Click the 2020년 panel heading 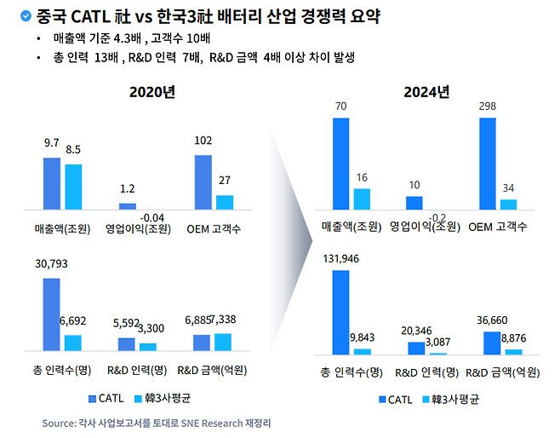153,92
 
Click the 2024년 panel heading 426,92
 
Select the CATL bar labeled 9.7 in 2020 52,183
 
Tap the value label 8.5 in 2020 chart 73,149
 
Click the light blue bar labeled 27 225,202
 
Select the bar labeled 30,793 52,314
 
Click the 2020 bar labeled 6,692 73,343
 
